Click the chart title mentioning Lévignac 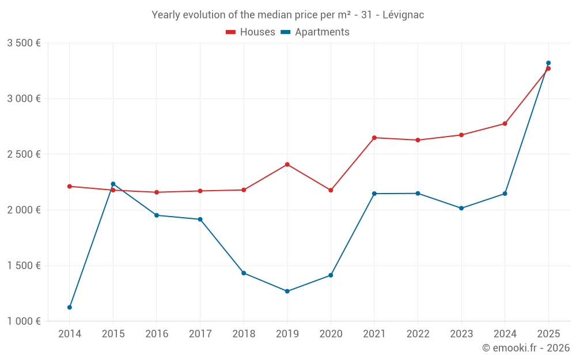click(287, 14)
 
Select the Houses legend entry click(251, 32)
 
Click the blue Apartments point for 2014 click(70, 307)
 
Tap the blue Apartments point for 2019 click(287, 291)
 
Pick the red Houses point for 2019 click(287, 165)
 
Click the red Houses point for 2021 click(374, 138)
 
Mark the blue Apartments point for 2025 click(548, 63)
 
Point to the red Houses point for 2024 click(505, 123)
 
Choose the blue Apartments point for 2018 click(244, 273)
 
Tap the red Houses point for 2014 click(70, 186)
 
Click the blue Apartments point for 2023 click(461, 208)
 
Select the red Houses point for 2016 click(157, 192)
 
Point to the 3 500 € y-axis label click(24, 43)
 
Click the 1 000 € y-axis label click(24, 321)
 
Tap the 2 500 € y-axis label click(24, 154)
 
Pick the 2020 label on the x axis click(331, 334)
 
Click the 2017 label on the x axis click(200, 334)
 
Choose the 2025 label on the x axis click(548, 334)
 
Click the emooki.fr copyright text click(525, 348)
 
